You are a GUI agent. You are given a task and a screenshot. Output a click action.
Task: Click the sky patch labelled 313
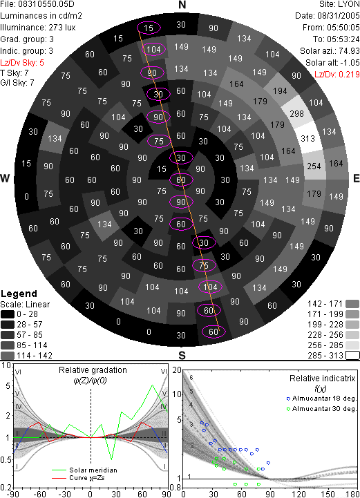[x=308, y=139]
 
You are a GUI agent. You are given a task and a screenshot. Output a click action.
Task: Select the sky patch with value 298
[x=297, y=113]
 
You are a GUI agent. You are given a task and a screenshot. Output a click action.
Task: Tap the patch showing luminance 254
[x=314, y=166]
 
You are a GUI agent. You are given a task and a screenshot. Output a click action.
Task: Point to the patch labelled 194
[x=280, y=91]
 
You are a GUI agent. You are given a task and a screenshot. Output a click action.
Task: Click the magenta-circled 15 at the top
[x=149, y=28]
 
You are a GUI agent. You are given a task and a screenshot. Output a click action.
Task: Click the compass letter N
[x=182, y=5]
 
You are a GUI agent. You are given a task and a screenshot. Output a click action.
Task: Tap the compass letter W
[x=5, y=178]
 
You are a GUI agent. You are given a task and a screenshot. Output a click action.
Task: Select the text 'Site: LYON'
[x=339, y=4]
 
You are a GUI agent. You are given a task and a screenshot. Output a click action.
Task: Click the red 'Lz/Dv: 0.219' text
[x=337, y=75]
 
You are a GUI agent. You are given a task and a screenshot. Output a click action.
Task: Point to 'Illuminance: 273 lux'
[x=38, y=28]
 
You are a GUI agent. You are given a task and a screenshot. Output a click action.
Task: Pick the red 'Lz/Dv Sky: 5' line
[x=22, y=63]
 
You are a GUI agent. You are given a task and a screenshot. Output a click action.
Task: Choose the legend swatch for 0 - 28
[x=8, y=314]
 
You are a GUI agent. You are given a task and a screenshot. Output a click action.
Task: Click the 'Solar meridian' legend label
[x=93, y=470]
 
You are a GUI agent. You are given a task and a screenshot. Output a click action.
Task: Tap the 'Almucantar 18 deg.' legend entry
[x=324, y=399]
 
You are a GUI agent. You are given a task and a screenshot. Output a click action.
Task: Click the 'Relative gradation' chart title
[x=93, y=370]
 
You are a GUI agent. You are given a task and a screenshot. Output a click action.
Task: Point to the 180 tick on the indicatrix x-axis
[x=353, y=494]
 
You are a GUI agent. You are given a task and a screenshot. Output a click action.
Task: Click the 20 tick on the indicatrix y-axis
[x=177, y=370]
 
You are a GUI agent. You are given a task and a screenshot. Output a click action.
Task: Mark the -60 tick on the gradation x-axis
[x=39, y=494]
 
